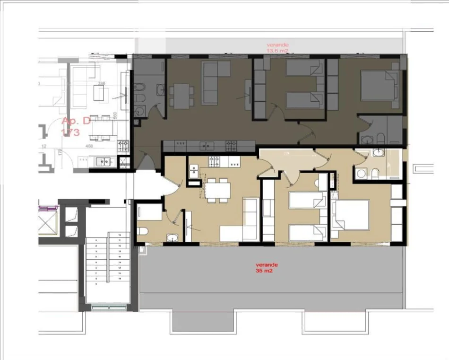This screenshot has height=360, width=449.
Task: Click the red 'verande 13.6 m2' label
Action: tap(277, 47)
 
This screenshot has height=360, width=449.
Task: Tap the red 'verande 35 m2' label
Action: tap(265, 268)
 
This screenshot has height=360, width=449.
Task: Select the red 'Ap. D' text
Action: tap(76, 121)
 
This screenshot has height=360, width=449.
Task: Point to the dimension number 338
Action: tap(101, 83)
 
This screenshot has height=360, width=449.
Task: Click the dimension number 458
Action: tap(89, 147)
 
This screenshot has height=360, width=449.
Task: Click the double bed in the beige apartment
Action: tap(350, 215)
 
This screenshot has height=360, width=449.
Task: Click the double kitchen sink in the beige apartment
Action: tap(193, 172)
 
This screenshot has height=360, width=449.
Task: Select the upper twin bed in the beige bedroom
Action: tap(307, 200)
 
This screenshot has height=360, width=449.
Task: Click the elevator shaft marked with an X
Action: tap(48, 221)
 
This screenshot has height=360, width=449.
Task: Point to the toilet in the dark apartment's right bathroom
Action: tap(381, 138)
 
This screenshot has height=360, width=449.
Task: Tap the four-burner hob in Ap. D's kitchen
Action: tap(123, 145)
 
